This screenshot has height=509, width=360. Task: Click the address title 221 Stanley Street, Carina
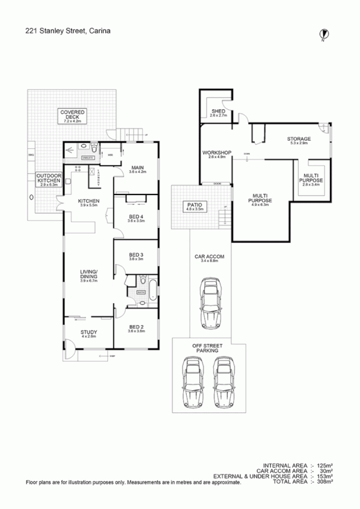click(x=67, y=32)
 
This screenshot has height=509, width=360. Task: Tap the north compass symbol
click(x=323, y=34)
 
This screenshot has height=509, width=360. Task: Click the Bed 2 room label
click(x=136, y=329)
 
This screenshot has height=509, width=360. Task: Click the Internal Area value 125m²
click(x=325, y=465)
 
